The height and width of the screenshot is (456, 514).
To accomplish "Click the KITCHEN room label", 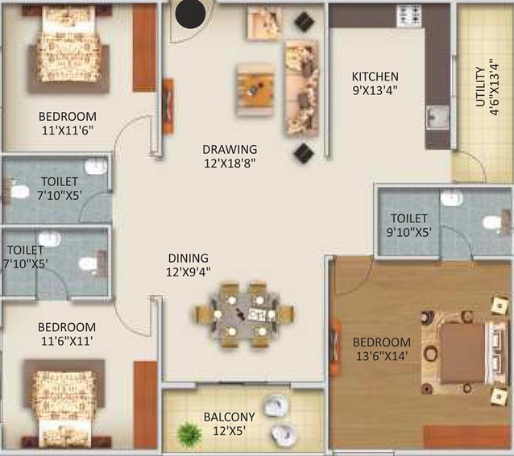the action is click(375, 77).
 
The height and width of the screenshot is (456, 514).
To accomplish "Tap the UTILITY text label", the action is click(480, 87).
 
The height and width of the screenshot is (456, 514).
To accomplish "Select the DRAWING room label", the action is click(230, 149).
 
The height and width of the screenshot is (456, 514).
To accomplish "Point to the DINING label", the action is click(189, 258).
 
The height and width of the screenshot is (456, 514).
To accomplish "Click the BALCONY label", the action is click(229, 417).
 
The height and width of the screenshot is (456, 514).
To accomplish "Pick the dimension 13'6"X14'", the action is click(382, 356).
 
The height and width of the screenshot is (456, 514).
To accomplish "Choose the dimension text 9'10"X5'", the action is click(408, 232).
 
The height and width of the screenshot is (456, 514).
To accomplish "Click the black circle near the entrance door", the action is click(190, 14).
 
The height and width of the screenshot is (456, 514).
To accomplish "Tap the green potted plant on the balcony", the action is click(189, 433).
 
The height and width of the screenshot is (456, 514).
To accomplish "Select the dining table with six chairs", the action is click(244, 313).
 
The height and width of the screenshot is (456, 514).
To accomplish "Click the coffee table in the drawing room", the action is click(255, 89).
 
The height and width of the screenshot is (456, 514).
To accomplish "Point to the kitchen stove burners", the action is click(408, 15).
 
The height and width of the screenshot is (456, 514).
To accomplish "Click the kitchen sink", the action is click(438, 117).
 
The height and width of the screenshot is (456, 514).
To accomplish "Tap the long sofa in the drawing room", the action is click(301, 88).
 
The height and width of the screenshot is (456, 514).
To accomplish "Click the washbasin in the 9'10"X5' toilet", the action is click(452, 198).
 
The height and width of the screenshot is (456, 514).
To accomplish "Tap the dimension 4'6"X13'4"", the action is click(494, 87).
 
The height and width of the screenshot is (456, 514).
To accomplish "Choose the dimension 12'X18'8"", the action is click(230, 163).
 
